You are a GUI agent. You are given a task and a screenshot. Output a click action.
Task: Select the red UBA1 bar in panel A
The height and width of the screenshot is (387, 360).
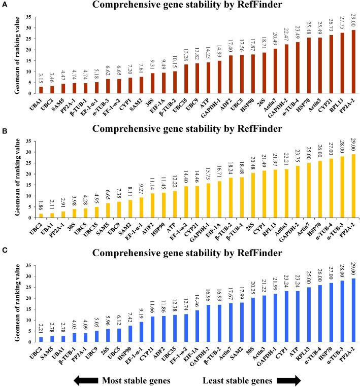point(41,90)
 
